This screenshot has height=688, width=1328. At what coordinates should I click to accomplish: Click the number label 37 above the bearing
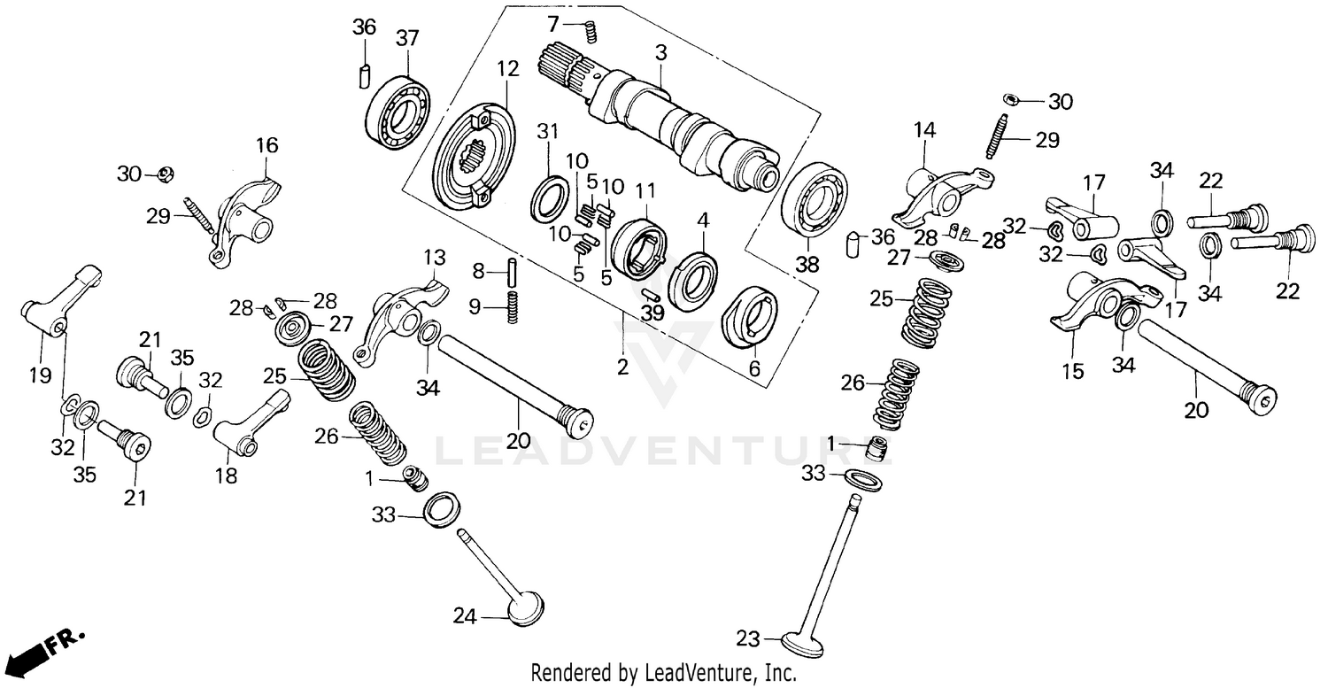[x=407, y=40]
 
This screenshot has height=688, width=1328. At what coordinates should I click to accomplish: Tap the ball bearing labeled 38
[x=812, y=201]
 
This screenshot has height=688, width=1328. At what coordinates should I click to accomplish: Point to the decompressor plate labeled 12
[x=474, y=158]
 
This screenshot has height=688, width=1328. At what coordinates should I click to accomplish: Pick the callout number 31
[x=548, y=131]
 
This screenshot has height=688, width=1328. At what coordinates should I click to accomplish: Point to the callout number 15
[x=1073, y=372]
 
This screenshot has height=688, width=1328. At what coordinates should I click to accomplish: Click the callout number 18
[x=226, y=475]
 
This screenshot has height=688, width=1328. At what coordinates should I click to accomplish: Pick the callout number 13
[x=434, y=258]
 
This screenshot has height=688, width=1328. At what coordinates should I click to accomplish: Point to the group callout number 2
[x=622, y=367]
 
